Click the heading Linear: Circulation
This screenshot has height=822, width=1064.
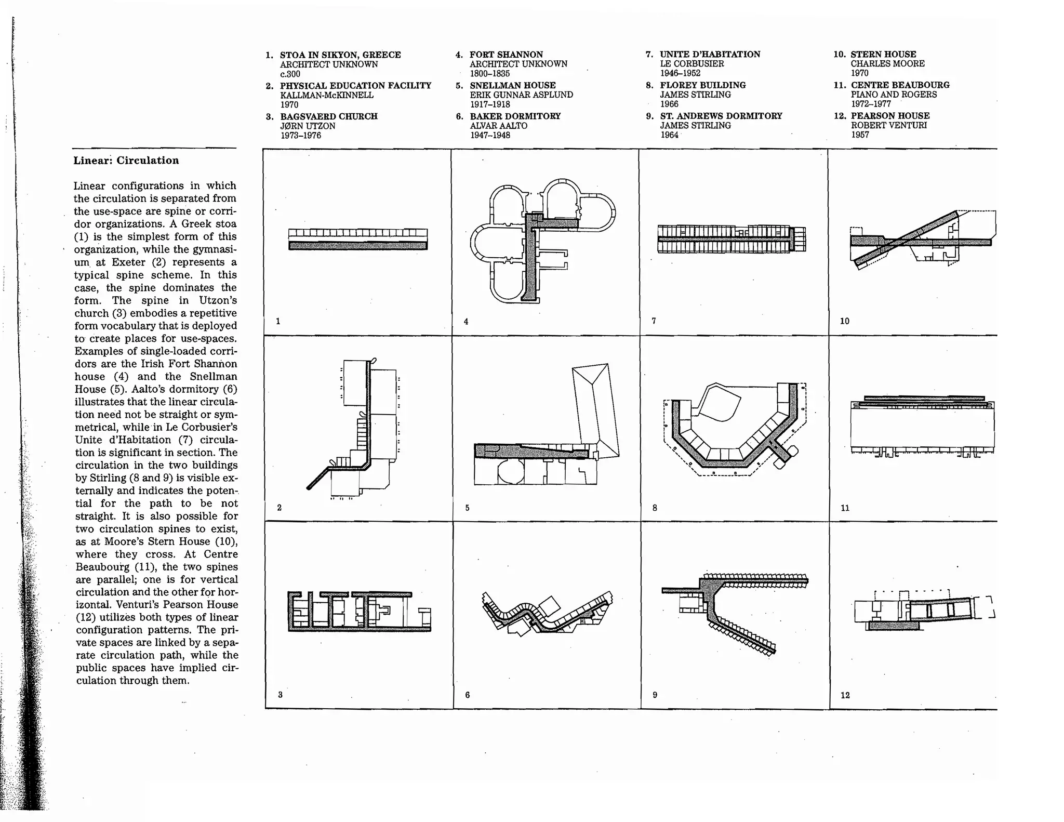tap(126, 161)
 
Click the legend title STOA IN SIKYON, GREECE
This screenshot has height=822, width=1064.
tap(340, 55)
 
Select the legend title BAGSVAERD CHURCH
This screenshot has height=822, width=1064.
tap(328, 116)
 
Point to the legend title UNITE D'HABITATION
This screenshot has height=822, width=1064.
tap(710, 54)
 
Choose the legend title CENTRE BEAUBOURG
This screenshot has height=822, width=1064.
tap(900, 85)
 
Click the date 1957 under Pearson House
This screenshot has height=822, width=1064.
tap(860, 135)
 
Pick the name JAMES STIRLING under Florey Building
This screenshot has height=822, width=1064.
tap(695, 95)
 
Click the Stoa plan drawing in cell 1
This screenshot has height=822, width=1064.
tap(358, 240)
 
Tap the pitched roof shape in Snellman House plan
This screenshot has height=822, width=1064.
tap(596, 410)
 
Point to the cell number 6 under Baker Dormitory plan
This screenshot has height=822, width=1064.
tap(468, 695)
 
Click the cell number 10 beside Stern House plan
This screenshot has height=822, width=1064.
tap(844, 321)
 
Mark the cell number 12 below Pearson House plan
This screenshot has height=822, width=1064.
tap(845, 695)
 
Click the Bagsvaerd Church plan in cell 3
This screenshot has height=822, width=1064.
tap(358, 612)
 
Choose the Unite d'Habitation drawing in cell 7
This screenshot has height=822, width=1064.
tap(731, 239)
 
